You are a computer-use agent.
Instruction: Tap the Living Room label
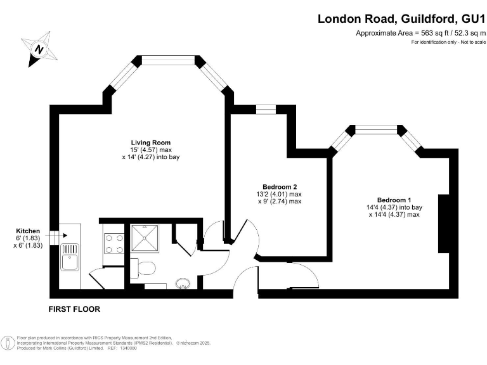coord(150,142)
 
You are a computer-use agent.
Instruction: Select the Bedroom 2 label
coord(280,186)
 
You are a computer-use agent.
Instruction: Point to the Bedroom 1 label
coord(394,200)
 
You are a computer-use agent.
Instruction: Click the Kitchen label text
coord(29,231)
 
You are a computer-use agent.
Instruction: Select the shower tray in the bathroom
coord(147,238)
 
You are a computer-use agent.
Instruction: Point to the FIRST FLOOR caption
coord(75,309)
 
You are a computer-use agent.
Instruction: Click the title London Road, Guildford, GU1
coord(401,19)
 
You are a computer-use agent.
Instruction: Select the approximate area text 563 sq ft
coord(419,33)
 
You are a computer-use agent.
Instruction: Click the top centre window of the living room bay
coord(168,60)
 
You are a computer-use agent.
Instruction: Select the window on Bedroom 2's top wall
coord(266,110)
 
